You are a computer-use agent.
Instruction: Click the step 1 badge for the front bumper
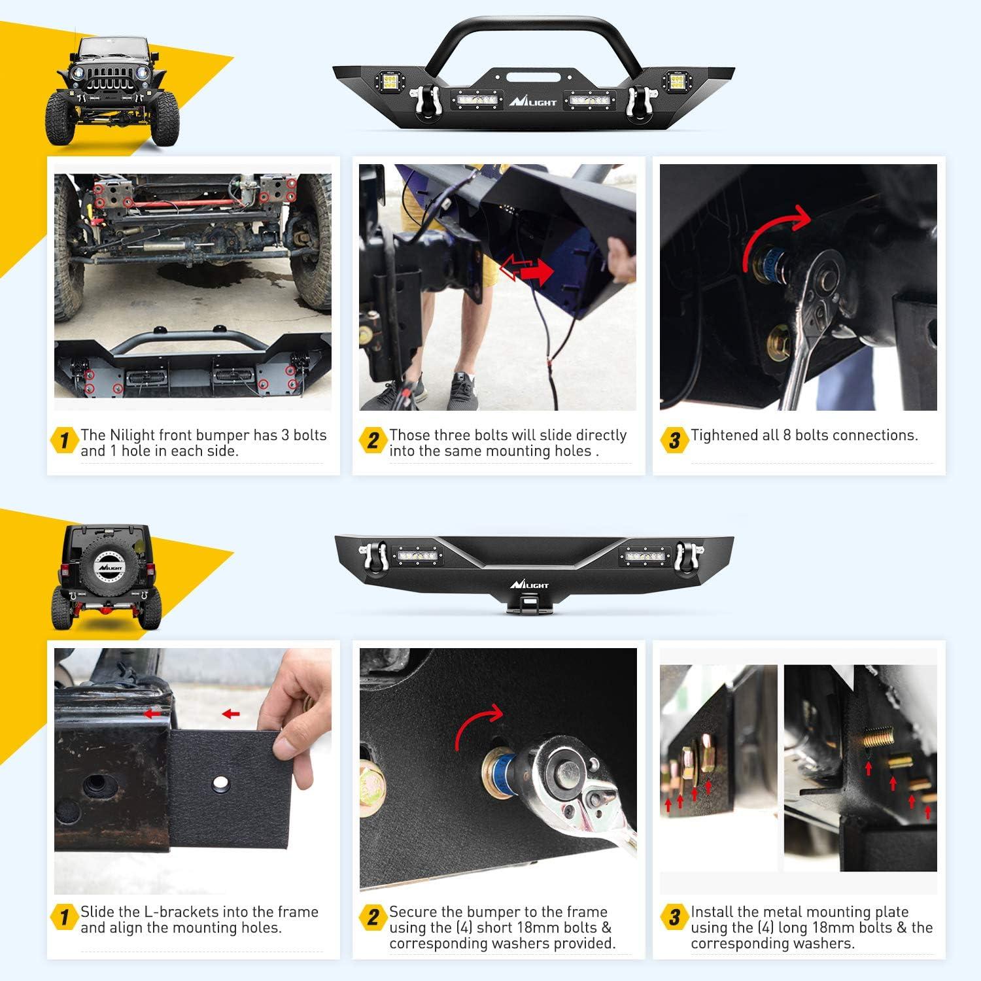(64, 441)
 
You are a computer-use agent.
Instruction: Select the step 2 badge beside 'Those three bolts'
(372, 441)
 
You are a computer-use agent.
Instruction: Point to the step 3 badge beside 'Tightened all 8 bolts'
(674, 441)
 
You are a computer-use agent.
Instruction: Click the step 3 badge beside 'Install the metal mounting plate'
(674, 917)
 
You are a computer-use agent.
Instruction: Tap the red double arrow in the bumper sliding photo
(526, 269)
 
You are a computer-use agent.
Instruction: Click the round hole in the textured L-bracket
(219, 782)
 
